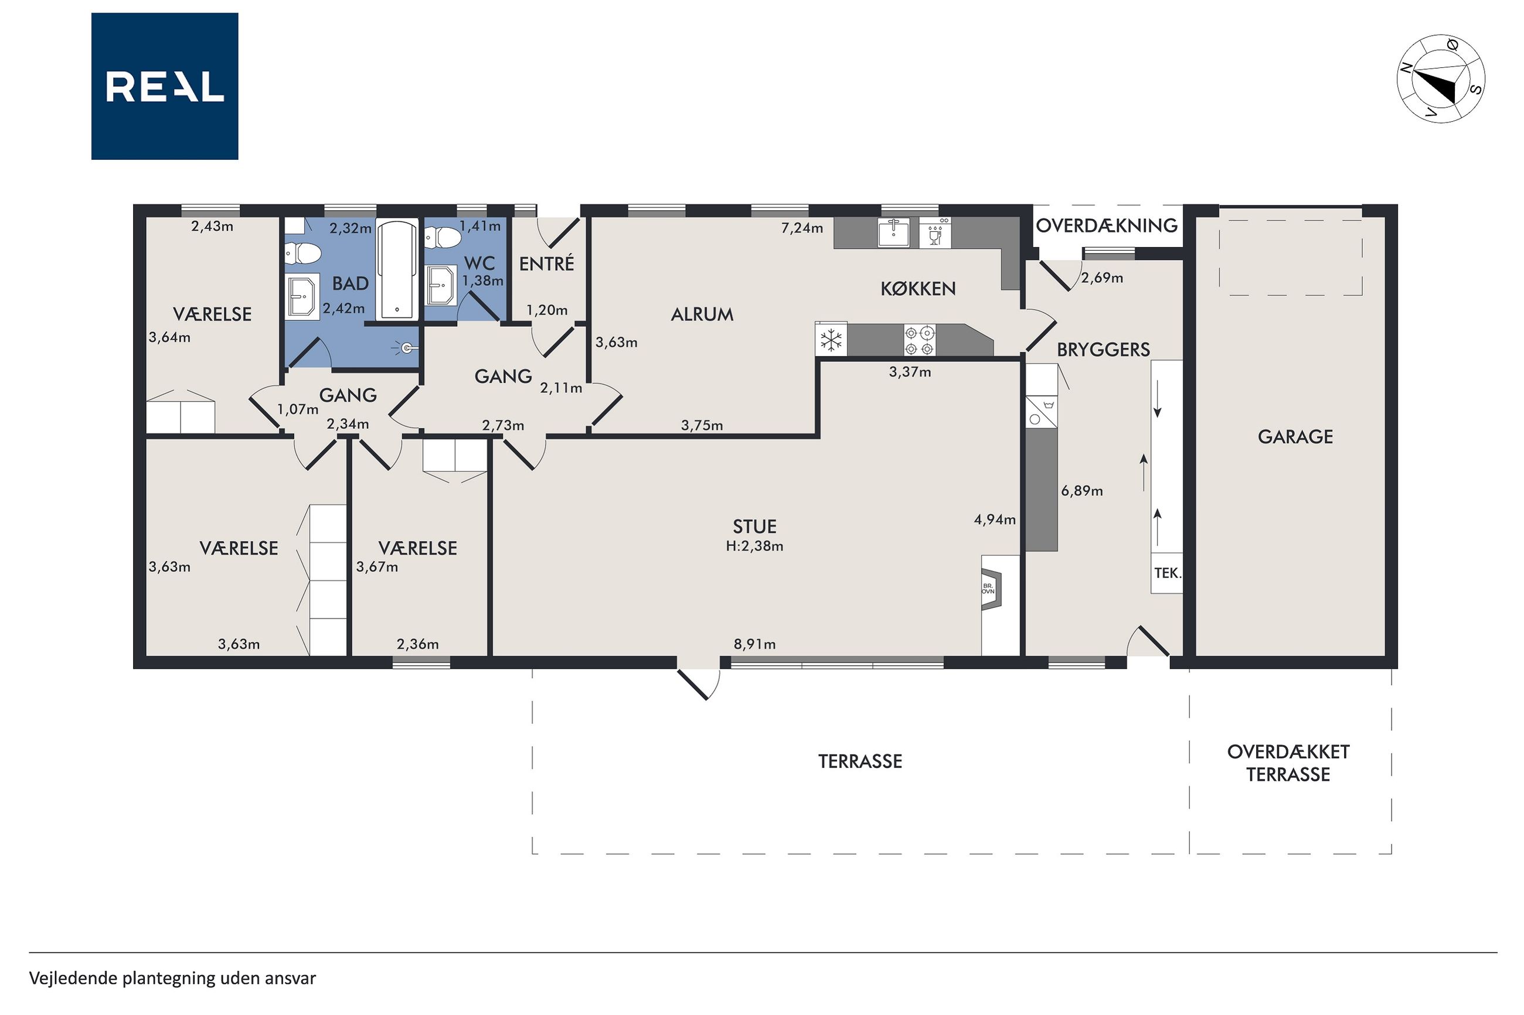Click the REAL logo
(165, 86)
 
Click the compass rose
(1440, 78)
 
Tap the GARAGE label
(1295, 437)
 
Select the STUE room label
(754, 527)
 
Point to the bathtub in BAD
(396, 271)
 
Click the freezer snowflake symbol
(831, 339)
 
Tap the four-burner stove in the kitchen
(920, 340)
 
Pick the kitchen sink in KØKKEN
(894, 233)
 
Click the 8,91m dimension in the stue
(754, 644)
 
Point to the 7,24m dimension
(802, 228)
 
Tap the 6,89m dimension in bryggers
(1081, 491)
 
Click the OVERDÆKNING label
(1106, 225)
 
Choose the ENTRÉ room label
(547, 264)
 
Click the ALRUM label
(702, 315)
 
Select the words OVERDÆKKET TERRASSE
(1288, 763)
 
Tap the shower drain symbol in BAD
(405, 348)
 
